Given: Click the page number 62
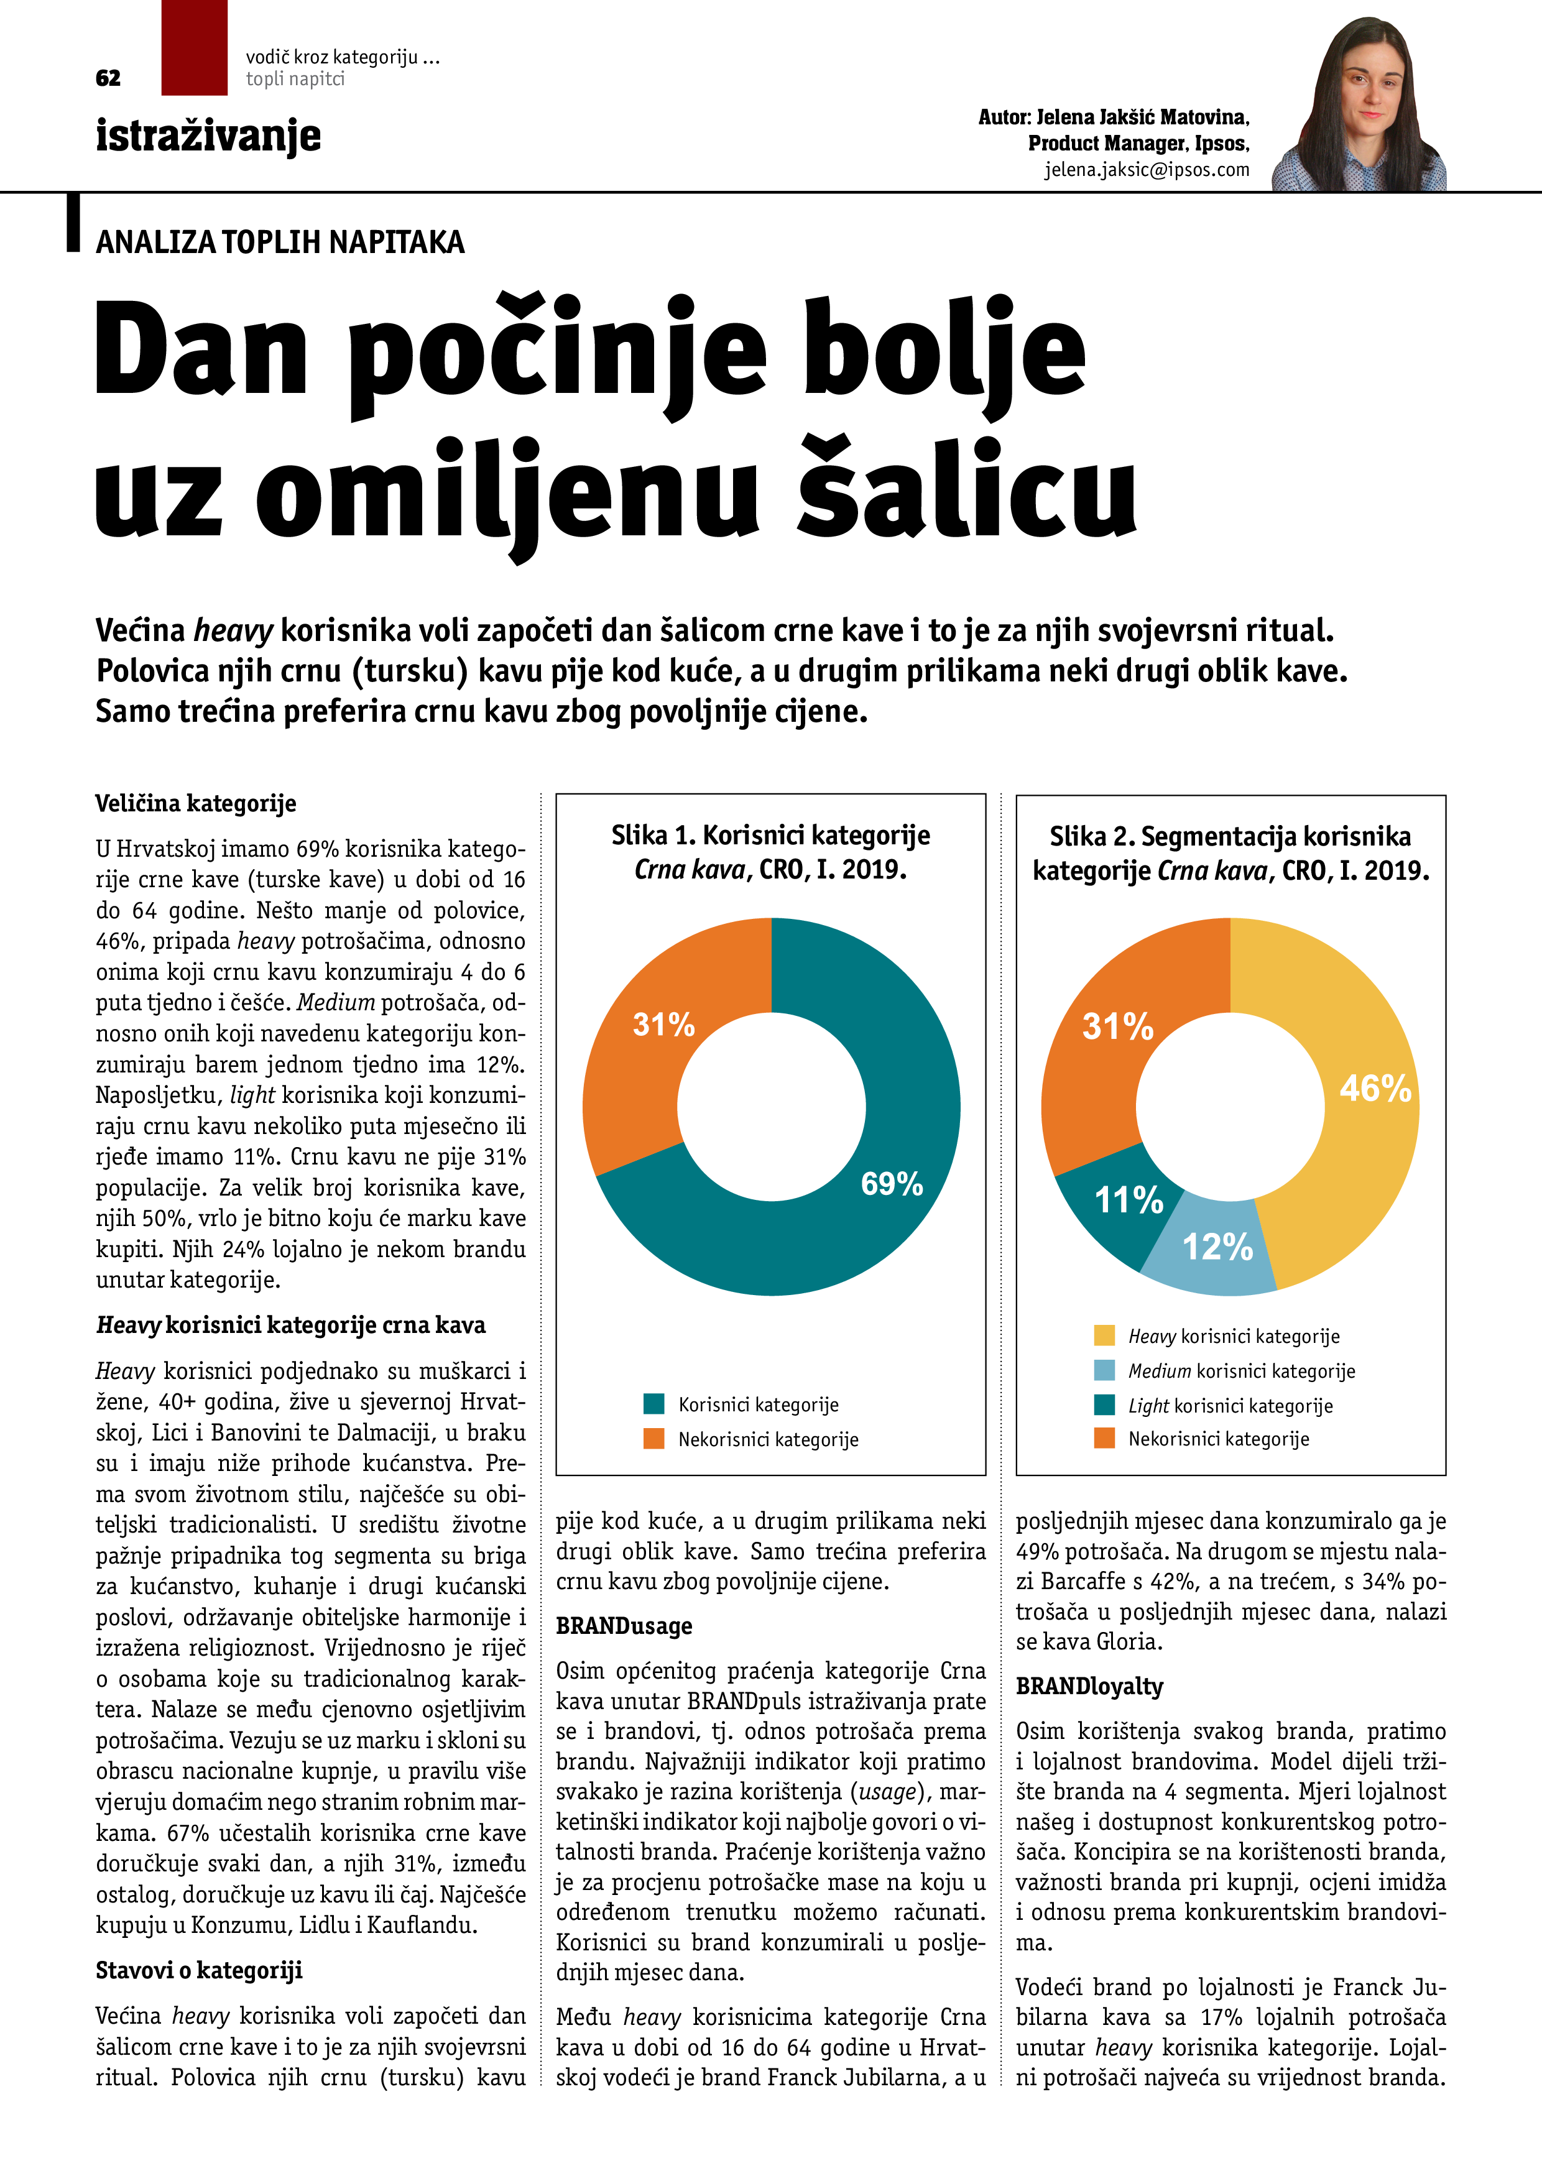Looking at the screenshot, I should [x=108, y=78].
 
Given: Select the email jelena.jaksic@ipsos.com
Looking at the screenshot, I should [x=1147, y=170].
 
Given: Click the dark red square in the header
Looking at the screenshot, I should [x=194, y=47].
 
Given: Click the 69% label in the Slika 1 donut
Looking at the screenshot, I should [x=891, y=1184].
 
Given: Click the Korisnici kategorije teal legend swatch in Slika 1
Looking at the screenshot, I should [x=653, y=1403].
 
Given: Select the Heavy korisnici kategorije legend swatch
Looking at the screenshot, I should [x=1104, y=1335].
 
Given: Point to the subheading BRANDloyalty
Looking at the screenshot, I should [x=1089, y=1686].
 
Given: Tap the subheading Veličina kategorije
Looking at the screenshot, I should [x=196, y=804].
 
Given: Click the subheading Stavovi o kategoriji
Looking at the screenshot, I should [x=198, y=1970].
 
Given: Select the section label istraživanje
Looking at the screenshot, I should [x=208, y=136].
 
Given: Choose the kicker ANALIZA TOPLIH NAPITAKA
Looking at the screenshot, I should [x=280, y=242].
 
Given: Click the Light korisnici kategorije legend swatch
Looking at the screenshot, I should [x=1104, y=1405].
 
